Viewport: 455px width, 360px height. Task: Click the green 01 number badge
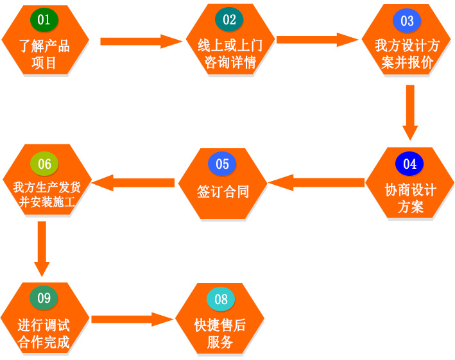click(44, 20)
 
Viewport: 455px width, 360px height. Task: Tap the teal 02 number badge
click(229, 20)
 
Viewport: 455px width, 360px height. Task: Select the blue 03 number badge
click(407, 21)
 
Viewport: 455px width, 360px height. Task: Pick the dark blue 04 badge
click(409, 164)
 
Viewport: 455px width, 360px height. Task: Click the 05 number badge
click(222, 164)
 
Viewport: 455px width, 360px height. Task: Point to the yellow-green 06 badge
click(44, 164)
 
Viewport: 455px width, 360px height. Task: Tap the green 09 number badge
click(44, 298)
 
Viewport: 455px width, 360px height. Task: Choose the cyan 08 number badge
click(221, 299)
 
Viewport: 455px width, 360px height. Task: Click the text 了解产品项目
click(44, 54)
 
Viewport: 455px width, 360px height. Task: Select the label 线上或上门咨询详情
click(230, 53)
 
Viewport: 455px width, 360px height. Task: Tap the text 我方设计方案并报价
click(407, 54)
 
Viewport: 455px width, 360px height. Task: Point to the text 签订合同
click(222, 191)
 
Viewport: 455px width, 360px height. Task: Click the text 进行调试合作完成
click(44, 332)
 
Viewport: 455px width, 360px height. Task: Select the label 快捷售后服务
click(220, 333)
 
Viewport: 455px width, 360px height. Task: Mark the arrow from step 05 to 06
click(134, 183)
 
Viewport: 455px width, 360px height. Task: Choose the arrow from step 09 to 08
click(132, 319)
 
